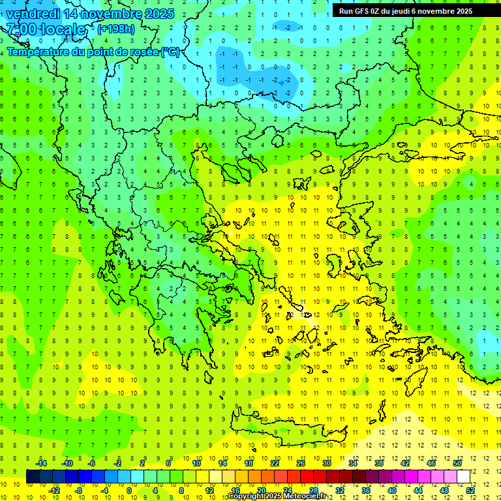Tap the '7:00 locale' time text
pyautogui.click(x=46, y=29)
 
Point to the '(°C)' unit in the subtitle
pyautogui.click(x=170, y=52)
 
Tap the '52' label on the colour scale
pyautogui.click(x=470, y=491)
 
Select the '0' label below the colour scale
pyautogui.click(x=129, y=491)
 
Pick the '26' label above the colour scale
pyautogui.click(x=301, y=463)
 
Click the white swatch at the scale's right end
pyautogui.click(x=463, y=476)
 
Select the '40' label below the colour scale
pyautogui.click(x=391, y=491)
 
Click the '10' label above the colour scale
pyautogui.click(x=196, y=463)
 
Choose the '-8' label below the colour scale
pyautogui.click(x=79, y=491)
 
